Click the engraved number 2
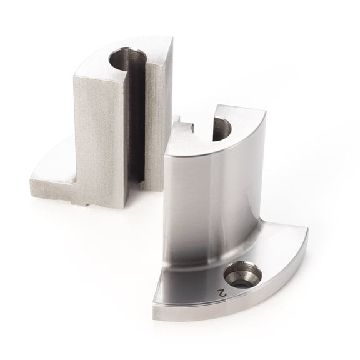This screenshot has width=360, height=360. (221, 292)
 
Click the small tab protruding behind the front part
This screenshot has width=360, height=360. (183, 124)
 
